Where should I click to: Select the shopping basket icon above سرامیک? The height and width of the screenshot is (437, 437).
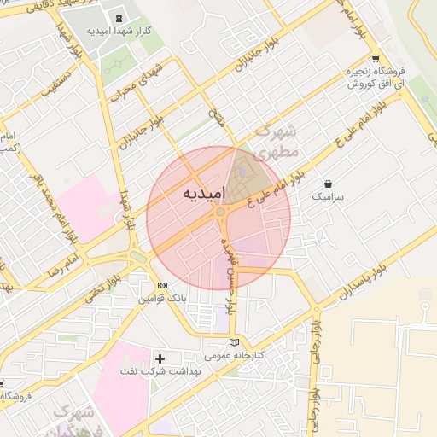click(329, 183)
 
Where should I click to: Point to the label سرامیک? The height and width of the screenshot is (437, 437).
click(329, 196)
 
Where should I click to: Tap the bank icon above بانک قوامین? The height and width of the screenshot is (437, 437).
click(162, 284)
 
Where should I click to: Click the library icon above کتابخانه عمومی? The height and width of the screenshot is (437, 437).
click(235, 341)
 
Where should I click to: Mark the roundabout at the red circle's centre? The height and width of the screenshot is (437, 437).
click(220, 212)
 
